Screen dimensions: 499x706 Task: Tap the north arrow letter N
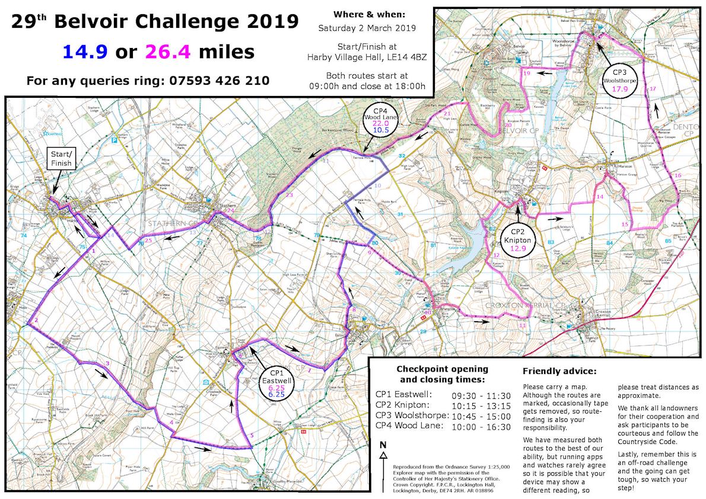tap(383, 445)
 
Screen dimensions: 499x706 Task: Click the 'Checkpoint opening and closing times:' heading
tap(442, 374)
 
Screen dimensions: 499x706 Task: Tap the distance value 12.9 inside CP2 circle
tap(519, 248)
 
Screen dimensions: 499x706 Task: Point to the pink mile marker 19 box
tap(527, 73)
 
